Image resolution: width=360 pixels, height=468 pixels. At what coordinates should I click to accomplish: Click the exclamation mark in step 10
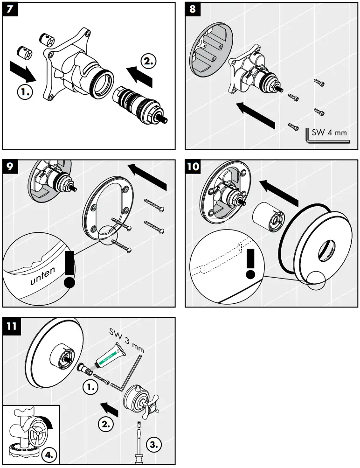[x=251, y=263]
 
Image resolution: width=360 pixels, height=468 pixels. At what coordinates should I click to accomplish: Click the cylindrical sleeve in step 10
[x=268, y=217]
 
